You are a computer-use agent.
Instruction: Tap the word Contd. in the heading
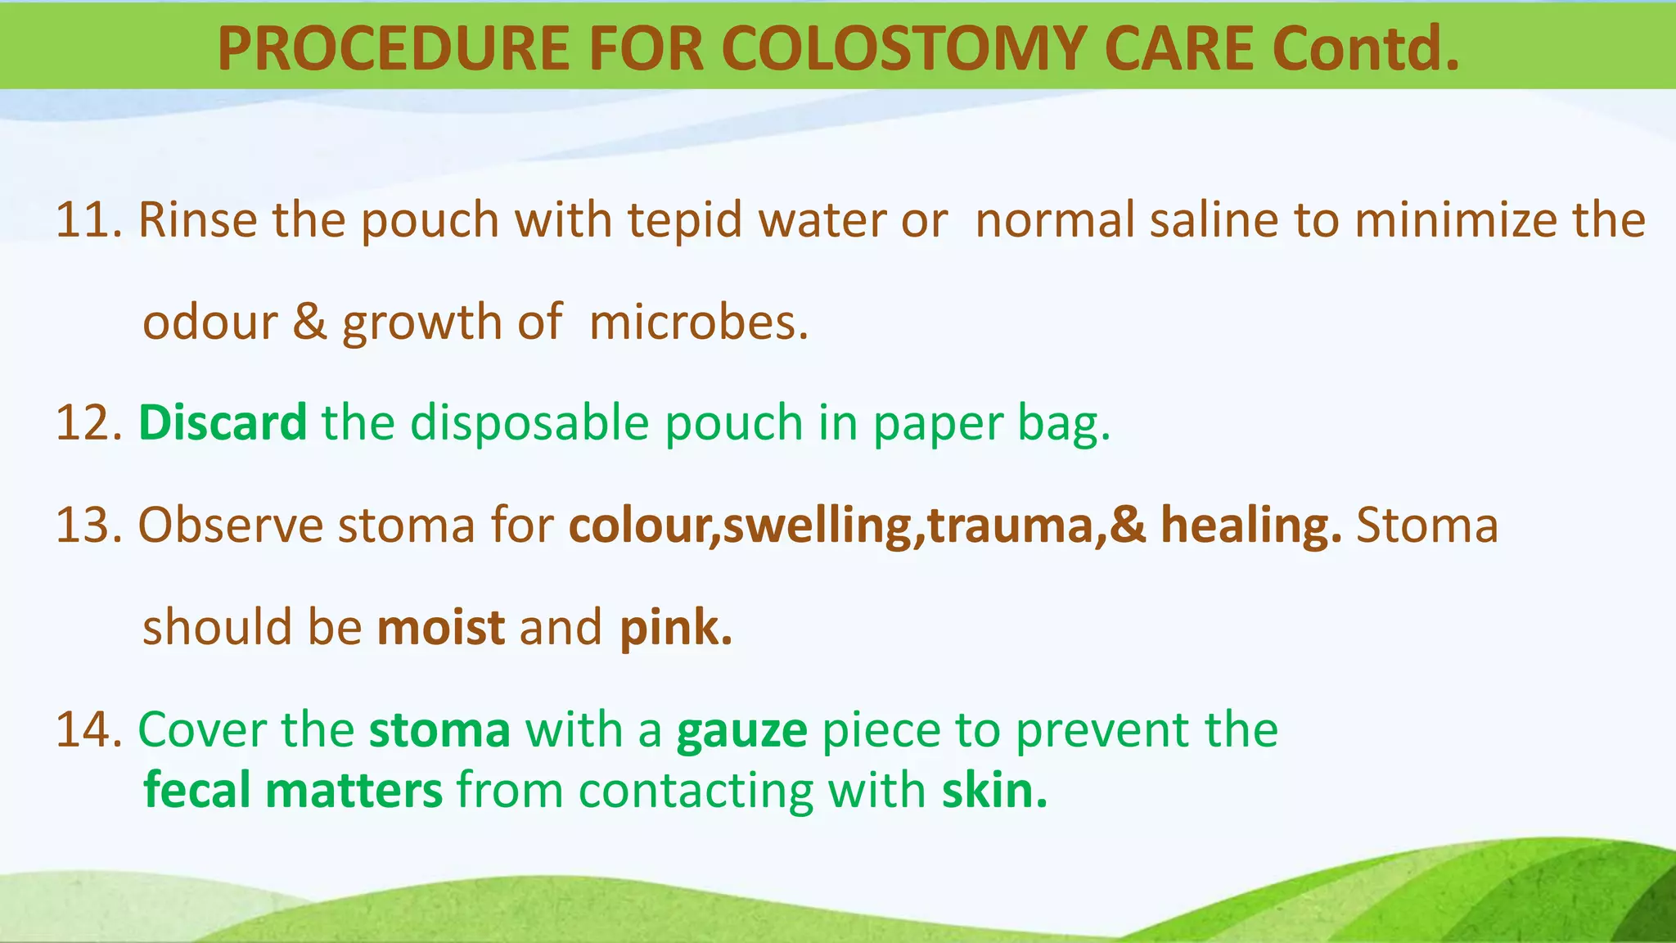point(1364,48)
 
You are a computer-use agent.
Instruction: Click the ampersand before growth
point(309,322)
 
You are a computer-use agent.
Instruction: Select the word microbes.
point(698,323)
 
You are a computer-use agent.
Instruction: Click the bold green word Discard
point(223,423)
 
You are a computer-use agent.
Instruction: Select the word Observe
point(231,526)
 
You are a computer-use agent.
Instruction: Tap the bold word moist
point(441,628)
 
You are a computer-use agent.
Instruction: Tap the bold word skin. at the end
point(993,791)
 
